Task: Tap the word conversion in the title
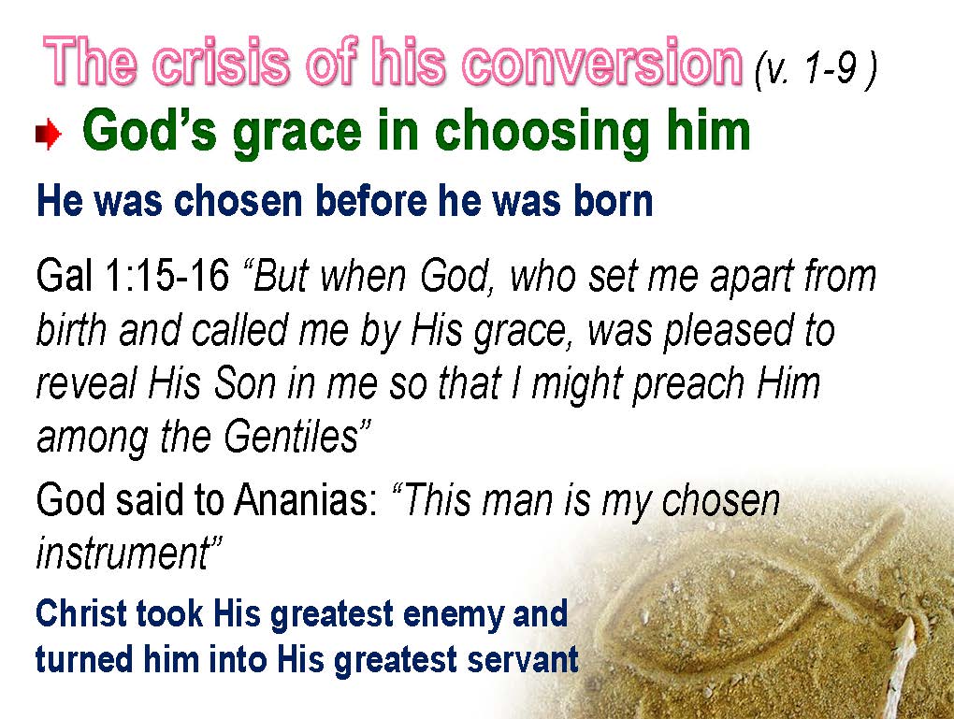coord(602,62)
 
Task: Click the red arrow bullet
coord(48,135)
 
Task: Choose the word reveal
coord(86,384)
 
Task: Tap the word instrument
coord(122,554)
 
